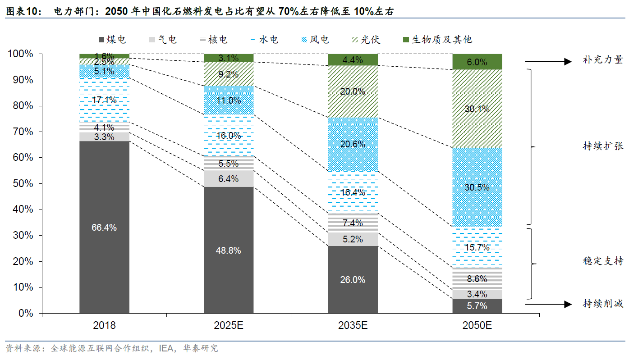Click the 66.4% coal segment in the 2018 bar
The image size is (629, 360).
click(104, 227)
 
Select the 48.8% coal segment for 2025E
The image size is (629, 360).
click(229, 250)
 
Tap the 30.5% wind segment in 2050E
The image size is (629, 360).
click(477, 187)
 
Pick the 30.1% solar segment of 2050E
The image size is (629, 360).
click(477, 109)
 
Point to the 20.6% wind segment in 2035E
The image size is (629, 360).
click(353, 144)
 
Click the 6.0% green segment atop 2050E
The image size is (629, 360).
click(477, 62)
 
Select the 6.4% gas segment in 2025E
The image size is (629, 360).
click(229, 178)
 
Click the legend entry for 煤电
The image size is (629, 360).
click(111, 40)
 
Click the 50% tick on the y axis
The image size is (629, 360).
click(20, 184)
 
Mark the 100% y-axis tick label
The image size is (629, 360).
click(20, 54)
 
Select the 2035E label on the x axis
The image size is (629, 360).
click(353, 325)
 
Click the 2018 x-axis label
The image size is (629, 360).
click(104, 325)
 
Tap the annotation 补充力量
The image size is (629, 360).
click(603, 60)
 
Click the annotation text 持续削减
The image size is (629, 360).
click(603, 304)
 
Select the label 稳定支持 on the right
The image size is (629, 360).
click(603, 261)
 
